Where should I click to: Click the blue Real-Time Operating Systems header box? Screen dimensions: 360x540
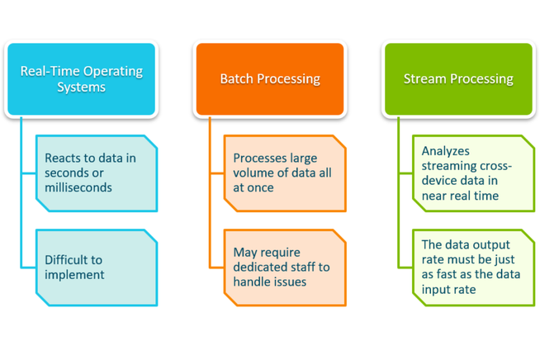click(81, 78)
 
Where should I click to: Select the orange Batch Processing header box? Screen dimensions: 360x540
click(269, 78)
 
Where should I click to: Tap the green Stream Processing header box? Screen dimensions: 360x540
click(458, 78)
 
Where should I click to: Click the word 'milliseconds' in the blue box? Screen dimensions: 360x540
click(80, 187)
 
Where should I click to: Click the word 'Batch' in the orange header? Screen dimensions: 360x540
click(237, 79)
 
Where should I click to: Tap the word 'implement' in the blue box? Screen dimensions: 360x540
click(75, 275)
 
